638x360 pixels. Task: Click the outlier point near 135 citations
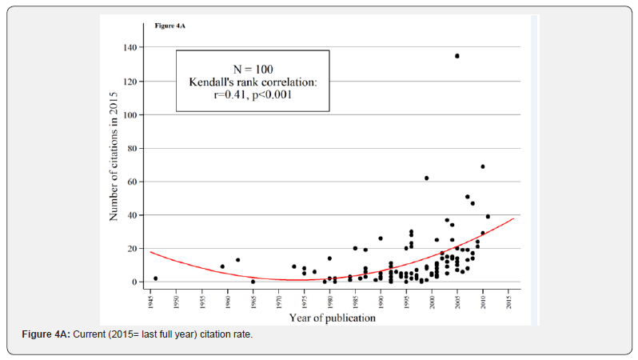(457, 56)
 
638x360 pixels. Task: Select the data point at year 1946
(155, 278)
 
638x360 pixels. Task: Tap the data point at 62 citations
(426, 178)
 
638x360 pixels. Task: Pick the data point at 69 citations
(483, 166)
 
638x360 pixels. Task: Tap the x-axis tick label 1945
(150, 302)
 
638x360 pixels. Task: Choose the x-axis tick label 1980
(329, 302)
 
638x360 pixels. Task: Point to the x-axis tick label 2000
(432, 302)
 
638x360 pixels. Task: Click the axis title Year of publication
(329, 318)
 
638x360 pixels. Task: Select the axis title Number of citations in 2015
(114, 165)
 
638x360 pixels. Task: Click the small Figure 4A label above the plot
(169, 26)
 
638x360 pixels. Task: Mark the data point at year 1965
(253, 282)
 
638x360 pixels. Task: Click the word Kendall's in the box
(211, 82)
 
